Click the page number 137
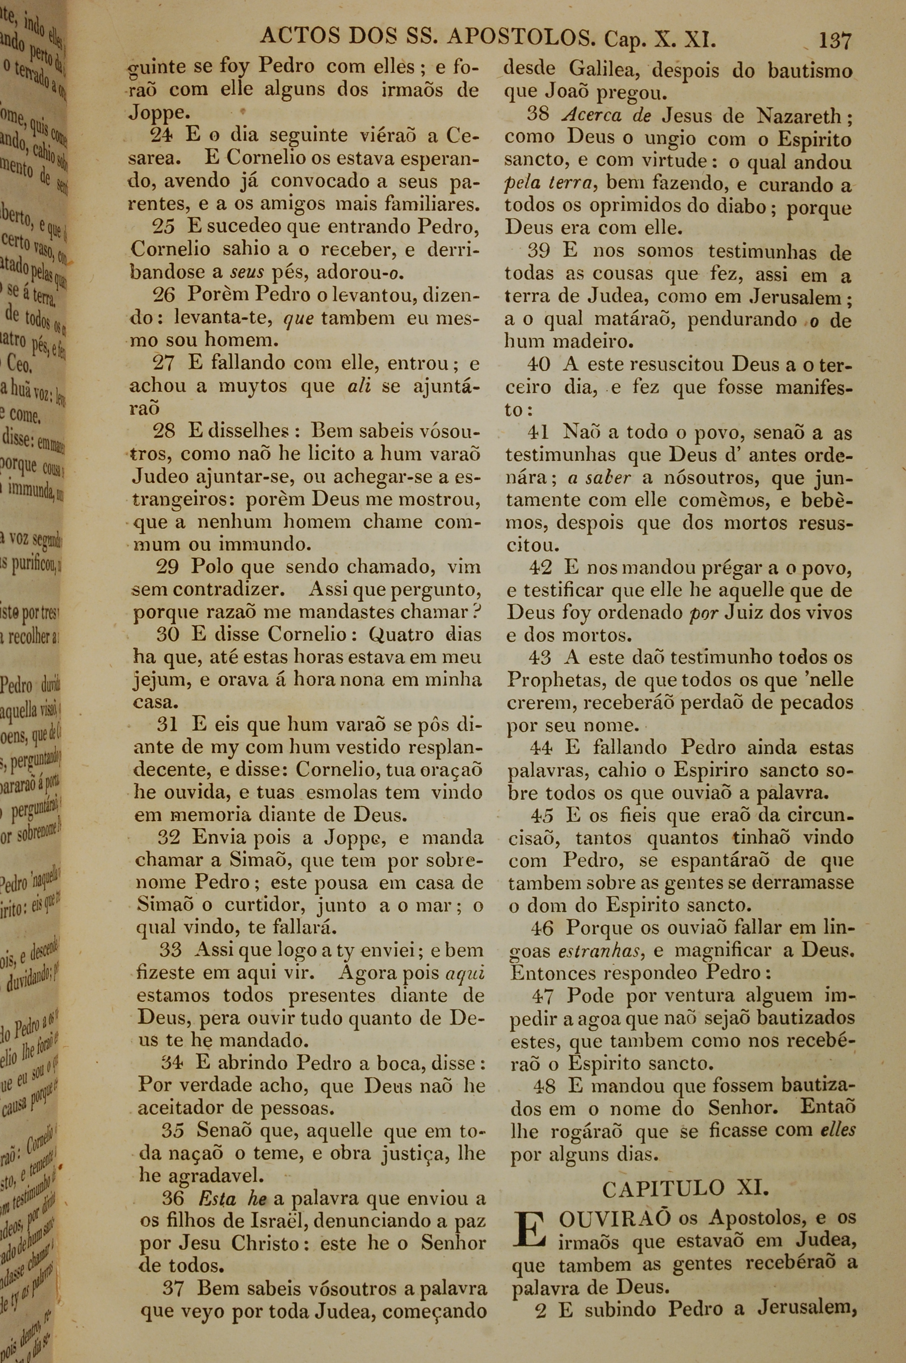coord(834,40)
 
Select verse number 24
coord(162,135)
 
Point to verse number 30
coord(168,634)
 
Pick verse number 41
coord(539,432)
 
